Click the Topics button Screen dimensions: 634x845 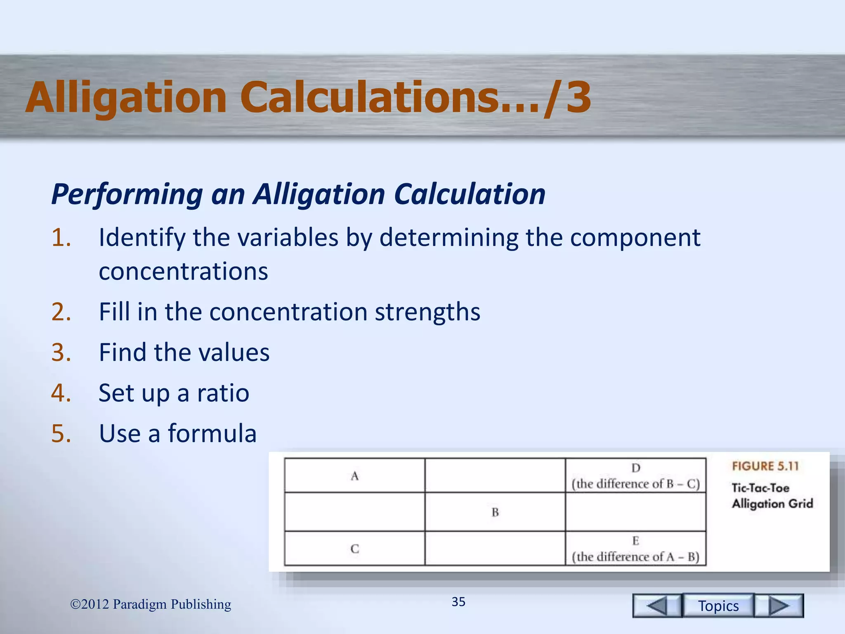click(718, 606)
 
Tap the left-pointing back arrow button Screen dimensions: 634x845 click(657, 606)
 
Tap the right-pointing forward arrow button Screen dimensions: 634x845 click(779, 606)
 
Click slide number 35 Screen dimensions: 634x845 click(458, 602)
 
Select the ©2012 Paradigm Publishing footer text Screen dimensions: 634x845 click(151, 604)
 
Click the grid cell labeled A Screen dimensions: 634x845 click(354, 476)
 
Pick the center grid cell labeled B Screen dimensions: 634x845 click(495, 512)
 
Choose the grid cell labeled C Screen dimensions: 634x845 click(354, 549)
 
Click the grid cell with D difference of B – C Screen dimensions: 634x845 click(635, 476)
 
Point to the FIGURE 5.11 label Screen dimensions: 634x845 click(765, 466)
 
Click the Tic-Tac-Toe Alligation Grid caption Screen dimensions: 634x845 click(772, 496)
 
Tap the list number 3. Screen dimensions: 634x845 click(61, 352)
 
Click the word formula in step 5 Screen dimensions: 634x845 click(212, 433)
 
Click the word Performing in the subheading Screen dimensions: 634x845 click(127, 194)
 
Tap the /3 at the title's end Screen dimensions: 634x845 click(568, 97)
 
